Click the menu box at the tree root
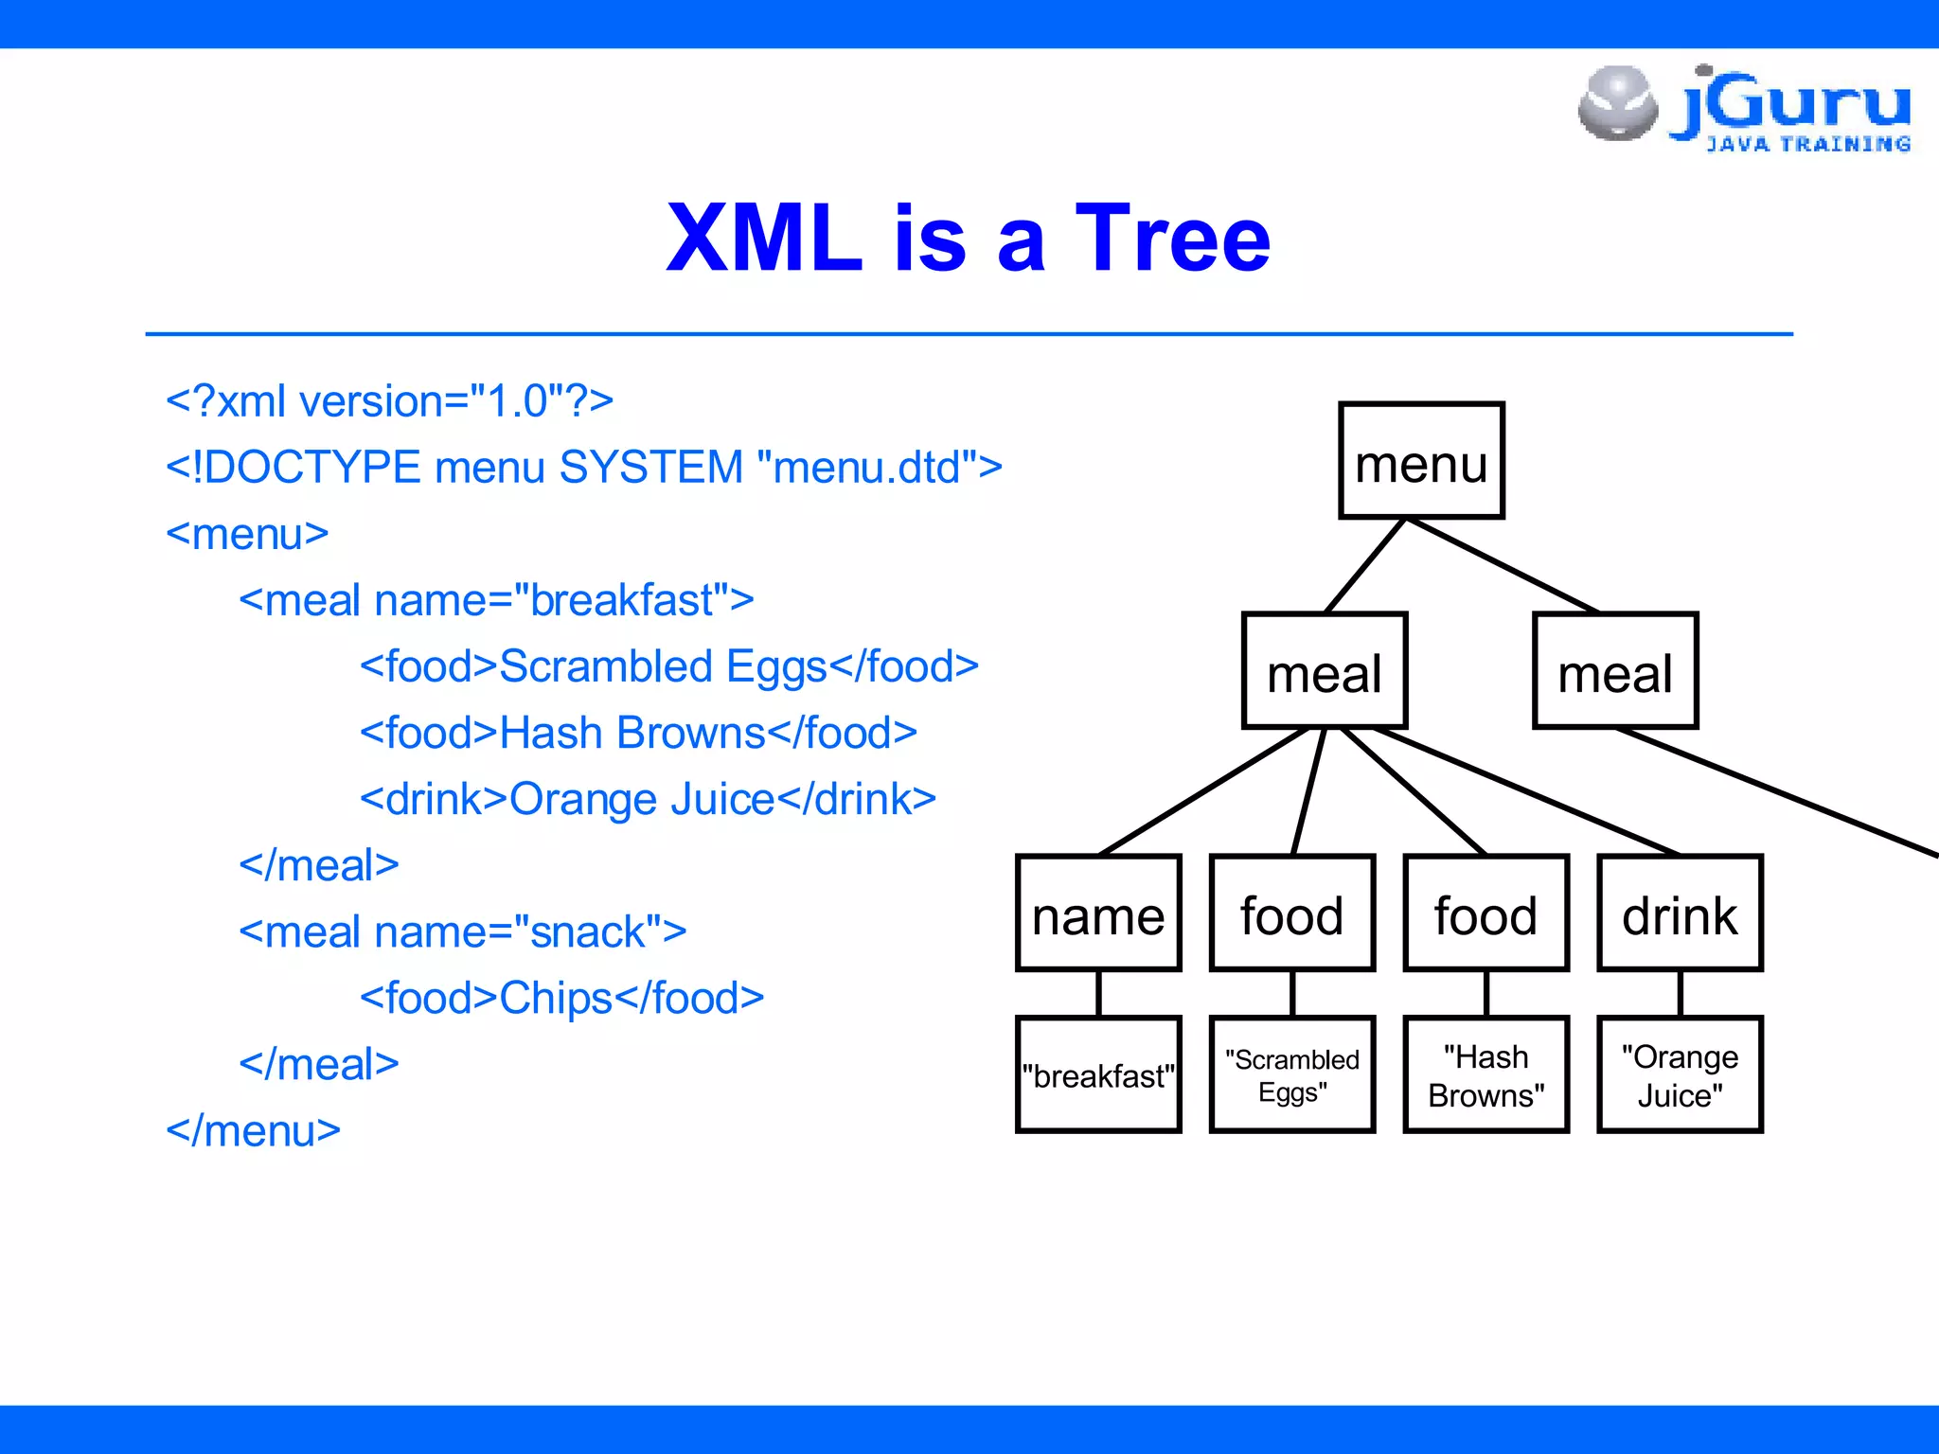[x=1421, y=461]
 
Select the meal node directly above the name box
[x=1325, y=671]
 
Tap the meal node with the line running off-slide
[x=1615, y=671]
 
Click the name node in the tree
[x=1098, y=913]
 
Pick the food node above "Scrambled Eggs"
[x=1292, y=913]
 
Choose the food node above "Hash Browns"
[x=1486, y=913]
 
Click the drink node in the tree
[x=1681, y=913]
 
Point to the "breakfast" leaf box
[x=1098, y=1075]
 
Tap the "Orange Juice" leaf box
[x=1681, y=1075]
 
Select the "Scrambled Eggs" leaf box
[x=1292, y=1075]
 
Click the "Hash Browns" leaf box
[x=1486, y=1075]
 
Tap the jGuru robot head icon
[x=1618, y=102]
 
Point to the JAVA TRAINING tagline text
[x=1807, y=144]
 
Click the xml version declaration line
[x=389, y=401]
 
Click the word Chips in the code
[x=557, y=999]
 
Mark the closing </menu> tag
[x=253, y=1131]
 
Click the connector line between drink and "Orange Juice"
[x=1681, y=994]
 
